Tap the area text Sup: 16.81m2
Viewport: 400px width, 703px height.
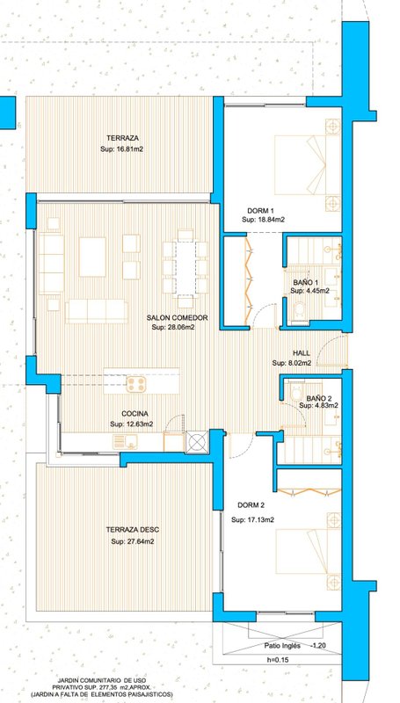[122, 149]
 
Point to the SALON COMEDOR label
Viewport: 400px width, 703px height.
[177, 318]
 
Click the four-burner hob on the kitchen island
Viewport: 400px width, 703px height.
[136, 384]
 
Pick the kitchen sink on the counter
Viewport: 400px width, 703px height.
[125, 442]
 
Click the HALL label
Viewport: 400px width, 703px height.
[302, 353]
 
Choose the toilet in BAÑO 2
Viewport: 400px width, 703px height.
[296, 391]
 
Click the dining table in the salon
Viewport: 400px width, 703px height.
[185, 268]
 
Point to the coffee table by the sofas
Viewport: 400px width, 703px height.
[92, 257]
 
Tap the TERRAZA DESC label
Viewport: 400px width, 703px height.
[132, 530]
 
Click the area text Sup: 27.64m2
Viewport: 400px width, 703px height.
[133, 541]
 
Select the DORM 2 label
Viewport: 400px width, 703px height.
[251, 505]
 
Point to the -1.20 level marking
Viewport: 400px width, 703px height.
[318, 646]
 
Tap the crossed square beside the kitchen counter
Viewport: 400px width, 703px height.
[196, 442]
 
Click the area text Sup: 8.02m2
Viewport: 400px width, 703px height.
[292, 363]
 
